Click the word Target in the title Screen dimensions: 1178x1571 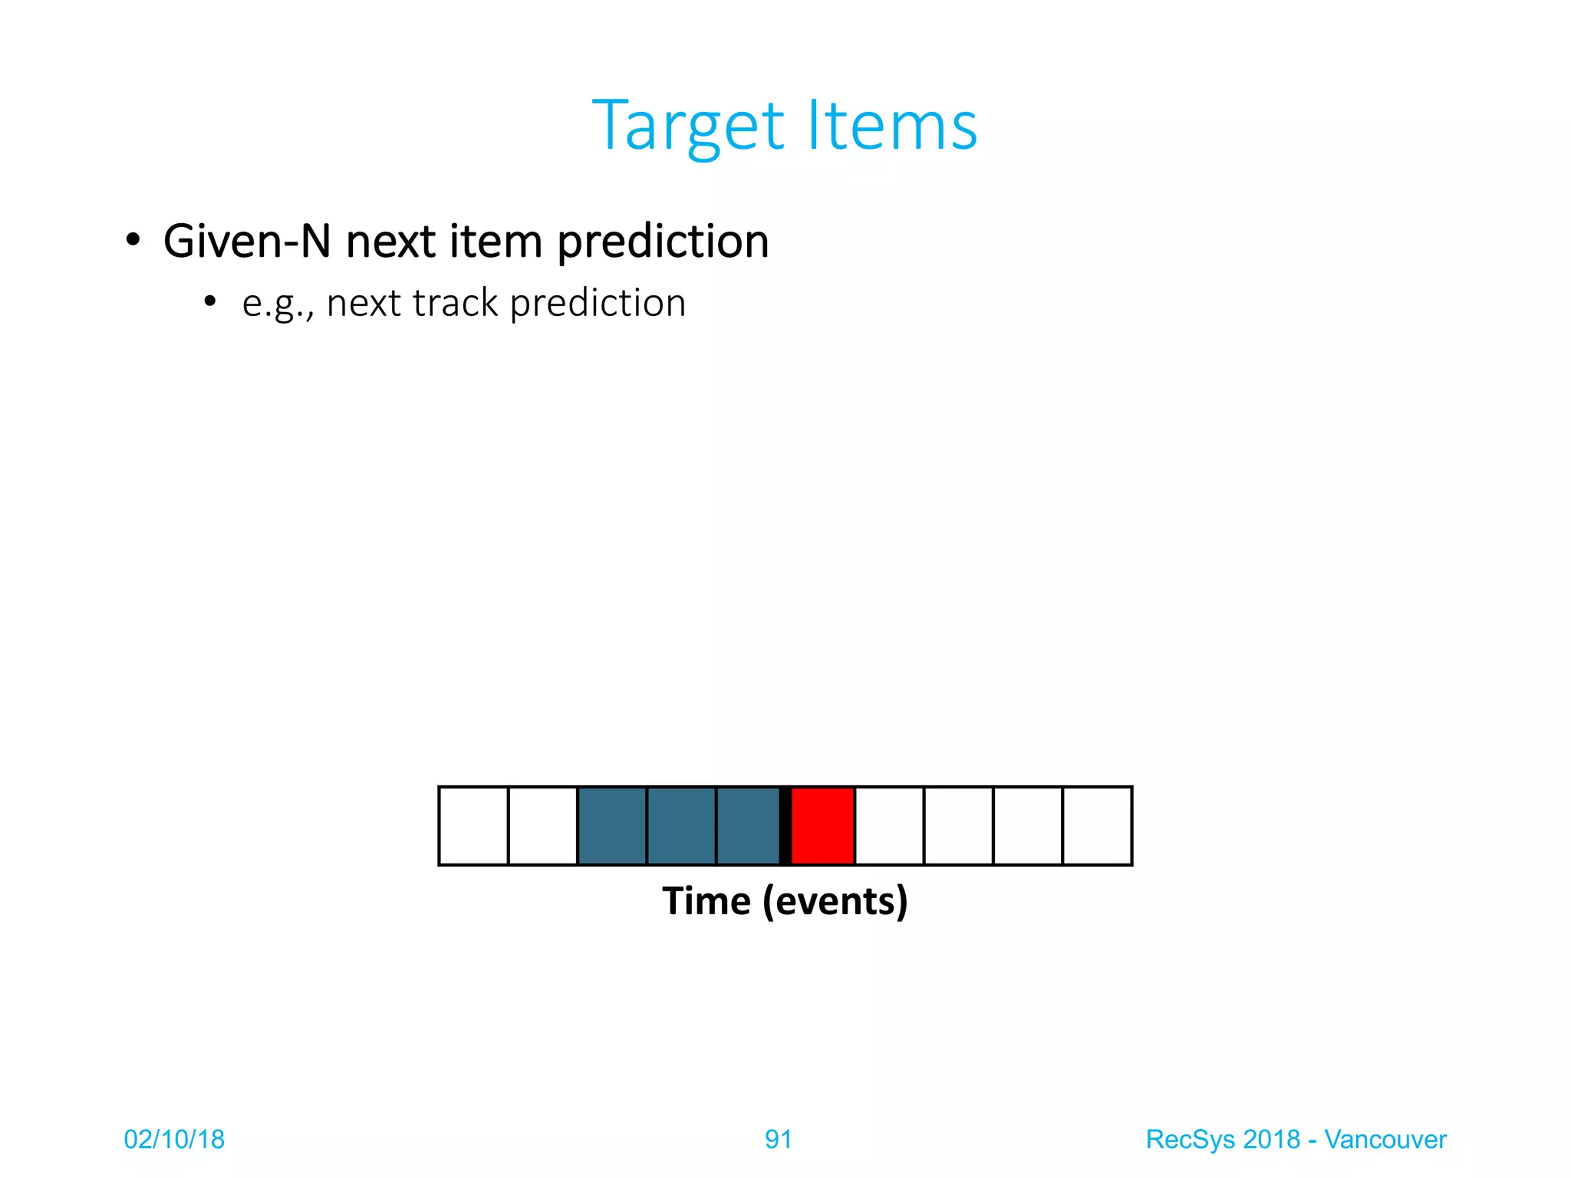click(689, 127)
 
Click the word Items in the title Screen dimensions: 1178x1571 click(893, 126)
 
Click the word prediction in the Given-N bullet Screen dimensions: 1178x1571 click(663, 242)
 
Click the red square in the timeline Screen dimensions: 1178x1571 click(822, 826)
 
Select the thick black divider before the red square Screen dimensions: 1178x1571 click(785, 826)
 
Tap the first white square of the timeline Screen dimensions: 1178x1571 click(473, 826)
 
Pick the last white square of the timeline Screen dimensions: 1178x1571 click(1097, 826)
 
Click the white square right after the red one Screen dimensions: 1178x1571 click(889, 826)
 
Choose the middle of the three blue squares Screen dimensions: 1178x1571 click(681, 826)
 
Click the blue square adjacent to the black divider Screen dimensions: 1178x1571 click(748, 826)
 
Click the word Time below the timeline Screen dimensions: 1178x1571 click(706, 901)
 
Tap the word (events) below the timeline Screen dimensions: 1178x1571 click(835, 902)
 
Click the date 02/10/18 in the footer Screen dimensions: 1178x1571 click(174, 1140)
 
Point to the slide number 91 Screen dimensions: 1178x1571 click(778, 1140)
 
